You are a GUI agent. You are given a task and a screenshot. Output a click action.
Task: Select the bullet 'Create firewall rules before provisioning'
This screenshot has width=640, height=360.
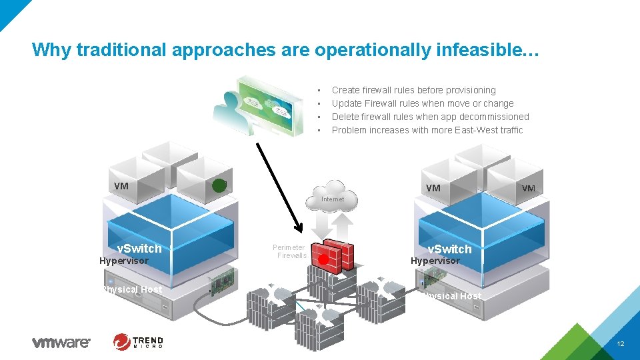coord(413,90)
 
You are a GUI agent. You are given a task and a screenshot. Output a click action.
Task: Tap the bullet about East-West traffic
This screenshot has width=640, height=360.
coord(427,130)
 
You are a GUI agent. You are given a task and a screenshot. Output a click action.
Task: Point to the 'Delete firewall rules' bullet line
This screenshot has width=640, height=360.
coord(430,117)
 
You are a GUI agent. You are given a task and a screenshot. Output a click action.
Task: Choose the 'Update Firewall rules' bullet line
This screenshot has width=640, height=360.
coord(423,103)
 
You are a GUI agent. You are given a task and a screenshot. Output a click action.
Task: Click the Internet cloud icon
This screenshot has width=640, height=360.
coord(333,195)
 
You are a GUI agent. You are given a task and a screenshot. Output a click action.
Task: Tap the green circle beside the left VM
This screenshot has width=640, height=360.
coord(219,186)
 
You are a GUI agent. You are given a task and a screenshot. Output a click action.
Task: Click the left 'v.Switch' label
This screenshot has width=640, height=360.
coord(139,249)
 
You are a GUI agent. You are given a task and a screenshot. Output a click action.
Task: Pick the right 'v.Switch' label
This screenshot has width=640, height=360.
coord(449,249)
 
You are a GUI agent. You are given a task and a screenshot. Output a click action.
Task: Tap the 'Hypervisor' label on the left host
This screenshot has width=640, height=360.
coord(123,261)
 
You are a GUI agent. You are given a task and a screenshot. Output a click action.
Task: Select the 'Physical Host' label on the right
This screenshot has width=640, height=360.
coord(451,296)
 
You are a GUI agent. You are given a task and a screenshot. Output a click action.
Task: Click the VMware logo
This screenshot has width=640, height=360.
coord(61,343)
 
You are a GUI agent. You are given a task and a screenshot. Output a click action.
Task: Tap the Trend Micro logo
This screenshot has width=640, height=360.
coord(138,342)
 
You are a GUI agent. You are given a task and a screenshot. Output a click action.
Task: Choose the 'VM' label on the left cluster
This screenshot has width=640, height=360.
coord(121,186)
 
